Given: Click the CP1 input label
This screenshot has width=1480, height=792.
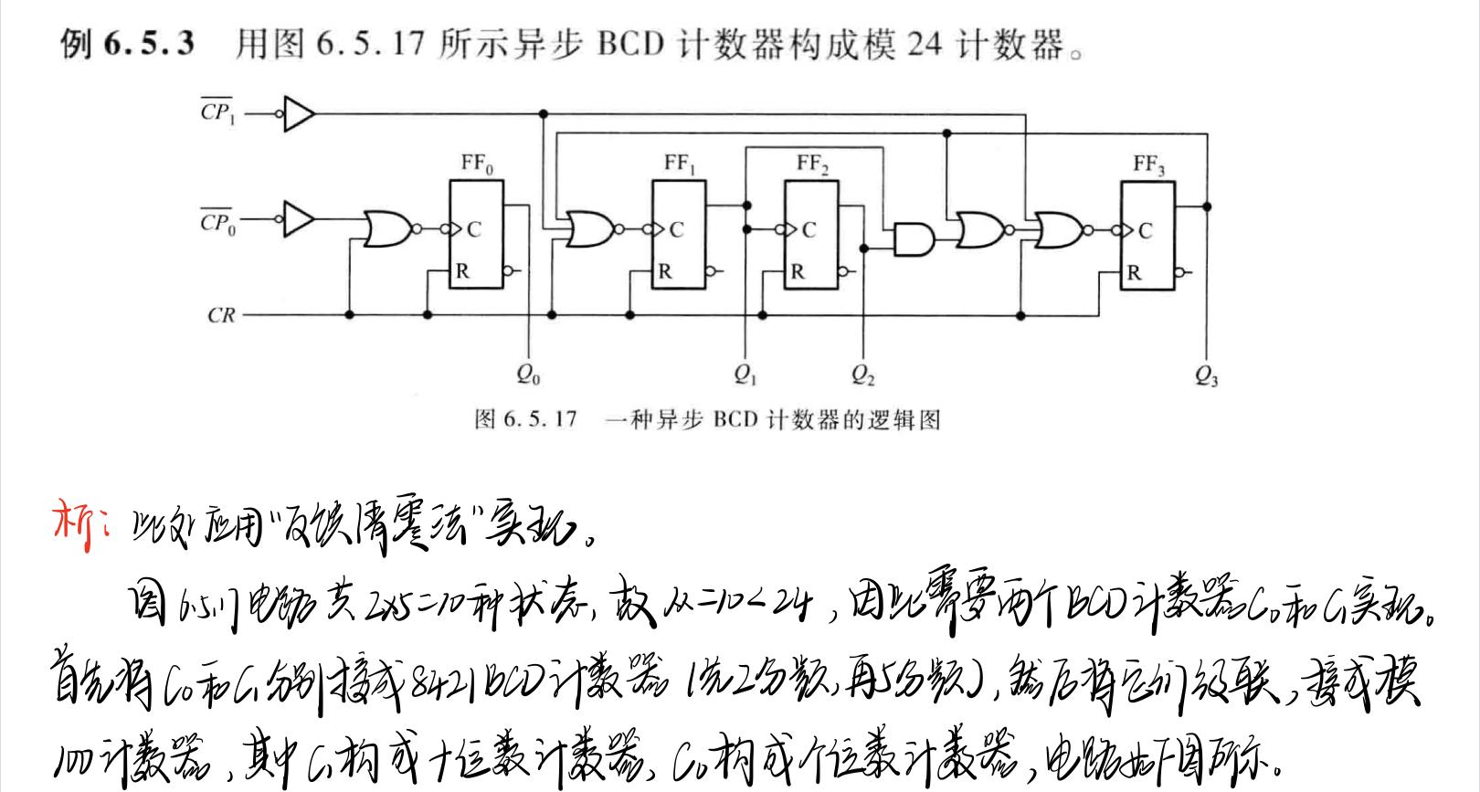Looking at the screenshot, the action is pos(217,114).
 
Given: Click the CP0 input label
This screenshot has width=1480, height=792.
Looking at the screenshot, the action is pos(217,222).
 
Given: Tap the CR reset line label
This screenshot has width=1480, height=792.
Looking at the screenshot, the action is pos(221,316).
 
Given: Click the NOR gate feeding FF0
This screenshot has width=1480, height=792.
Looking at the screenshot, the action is pos(387,229).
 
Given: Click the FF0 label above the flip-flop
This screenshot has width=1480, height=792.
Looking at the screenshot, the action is pos(476,164).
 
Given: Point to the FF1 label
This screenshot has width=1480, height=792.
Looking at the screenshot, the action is pos(679,164).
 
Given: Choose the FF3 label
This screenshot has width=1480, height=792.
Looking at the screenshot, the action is pos(1148,164).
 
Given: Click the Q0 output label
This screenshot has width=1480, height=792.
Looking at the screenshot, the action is pos(528,375).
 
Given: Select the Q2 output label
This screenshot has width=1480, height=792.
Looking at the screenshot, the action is pos(863,375).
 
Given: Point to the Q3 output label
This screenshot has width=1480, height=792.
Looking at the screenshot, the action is pos(1207,375).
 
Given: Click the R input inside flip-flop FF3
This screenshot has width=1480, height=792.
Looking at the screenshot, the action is pos(1134,272).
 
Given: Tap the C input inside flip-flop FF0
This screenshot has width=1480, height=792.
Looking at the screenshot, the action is pos(473,230).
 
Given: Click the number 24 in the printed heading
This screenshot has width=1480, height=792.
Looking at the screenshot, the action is pos(924,44).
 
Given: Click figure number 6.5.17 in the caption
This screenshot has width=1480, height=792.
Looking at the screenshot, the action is pos(539,420).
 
